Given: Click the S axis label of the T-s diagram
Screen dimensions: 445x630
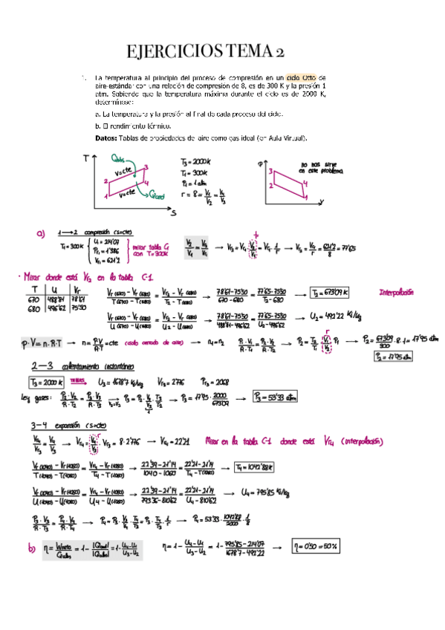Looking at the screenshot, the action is point(173,212).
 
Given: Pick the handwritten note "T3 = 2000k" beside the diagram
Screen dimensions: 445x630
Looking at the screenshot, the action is point(195,161).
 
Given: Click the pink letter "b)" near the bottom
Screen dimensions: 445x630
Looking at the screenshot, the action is point(32,548).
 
